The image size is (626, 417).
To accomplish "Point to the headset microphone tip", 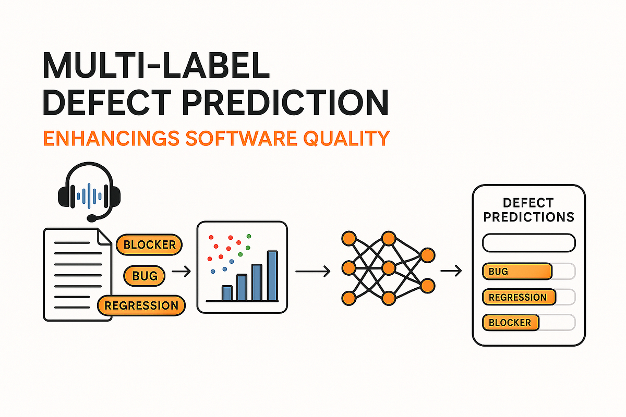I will pos(91,217).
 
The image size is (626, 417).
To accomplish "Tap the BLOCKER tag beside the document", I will pos(149,245).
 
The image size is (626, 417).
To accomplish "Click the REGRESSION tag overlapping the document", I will pos(141,305).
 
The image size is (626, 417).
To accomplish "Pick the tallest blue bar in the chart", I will pos(272,276).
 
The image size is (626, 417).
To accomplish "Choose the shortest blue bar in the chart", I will pos(226,293).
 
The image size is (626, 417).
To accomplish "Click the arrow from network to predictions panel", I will pos(451,271).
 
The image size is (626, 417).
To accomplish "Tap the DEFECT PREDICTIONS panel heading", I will pos(528,210).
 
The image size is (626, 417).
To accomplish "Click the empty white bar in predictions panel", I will pos(528,243).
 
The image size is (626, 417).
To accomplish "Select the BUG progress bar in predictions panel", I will pos(528,271).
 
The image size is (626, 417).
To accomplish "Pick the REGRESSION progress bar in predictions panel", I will pos(528,297).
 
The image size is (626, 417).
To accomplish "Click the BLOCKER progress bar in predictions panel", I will pos(528,322).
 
